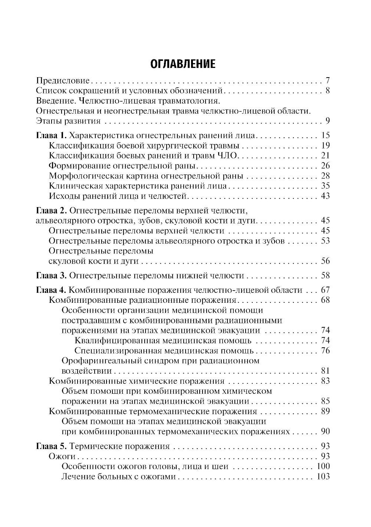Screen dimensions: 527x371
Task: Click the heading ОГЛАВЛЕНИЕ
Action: click(x=183, y=64)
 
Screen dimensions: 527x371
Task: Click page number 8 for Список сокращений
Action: click(x=327, y=91)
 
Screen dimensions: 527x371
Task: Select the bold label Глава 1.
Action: click(x=51, y=135)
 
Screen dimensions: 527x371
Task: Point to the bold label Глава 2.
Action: click(x=51, y=211)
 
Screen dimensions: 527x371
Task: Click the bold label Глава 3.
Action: click(x=51, y=275)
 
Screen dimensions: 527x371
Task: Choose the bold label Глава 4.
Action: click(x=51, y=290)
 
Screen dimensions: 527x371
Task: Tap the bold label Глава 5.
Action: click(x=51, y=446)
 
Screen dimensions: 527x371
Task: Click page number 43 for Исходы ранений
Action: click(x=325, y=196)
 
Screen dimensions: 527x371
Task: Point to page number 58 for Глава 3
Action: click(x=325, y=275)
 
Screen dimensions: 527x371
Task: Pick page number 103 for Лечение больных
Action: click(x=323, y=477)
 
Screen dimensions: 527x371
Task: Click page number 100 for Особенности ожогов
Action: click(x=323, y=467)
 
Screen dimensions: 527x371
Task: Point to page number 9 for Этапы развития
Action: click(x=327, y=121)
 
